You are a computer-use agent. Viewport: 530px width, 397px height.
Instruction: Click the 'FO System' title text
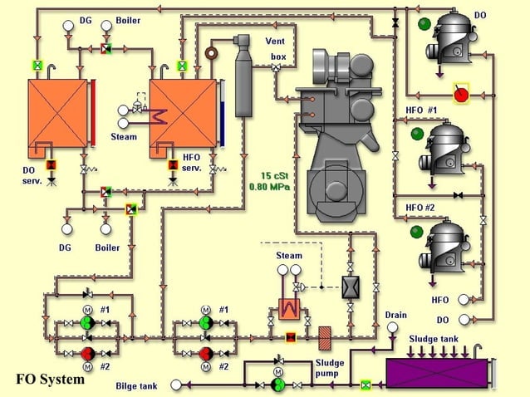[50, 380]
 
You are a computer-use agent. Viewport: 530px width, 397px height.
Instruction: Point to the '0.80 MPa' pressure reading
[270, 187]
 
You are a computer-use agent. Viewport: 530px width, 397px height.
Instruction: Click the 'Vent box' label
[276, 48]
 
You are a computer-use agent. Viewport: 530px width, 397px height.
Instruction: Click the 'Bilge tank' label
[137, 385]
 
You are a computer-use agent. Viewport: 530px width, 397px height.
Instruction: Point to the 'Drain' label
[396, 315]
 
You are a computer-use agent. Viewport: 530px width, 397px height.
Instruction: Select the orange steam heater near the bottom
[289, 308]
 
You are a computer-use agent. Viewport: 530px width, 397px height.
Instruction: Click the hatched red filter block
[326, 336]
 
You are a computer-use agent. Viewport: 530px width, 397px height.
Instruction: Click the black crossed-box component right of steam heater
[351, 287]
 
